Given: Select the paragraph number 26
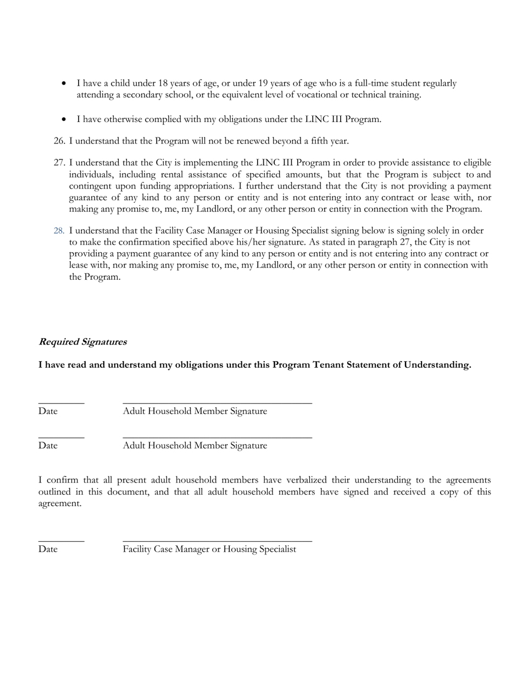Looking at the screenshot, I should click(59, 141).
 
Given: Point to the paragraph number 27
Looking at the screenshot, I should click(59, 163).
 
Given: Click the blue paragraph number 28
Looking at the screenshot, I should click(59, 231).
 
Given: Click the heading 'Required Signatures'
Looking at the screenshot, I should click(82, 342).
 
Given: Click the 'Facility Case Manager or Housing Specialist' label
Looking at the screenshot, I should click(209, 549).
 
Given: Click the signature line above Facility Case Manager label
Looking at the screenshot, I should click(217, 542).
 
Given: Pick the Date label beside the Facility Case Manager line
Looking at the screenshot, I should click(48, 549).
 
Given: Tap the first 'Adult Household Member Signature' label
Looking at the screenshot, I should click(195, 411).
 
